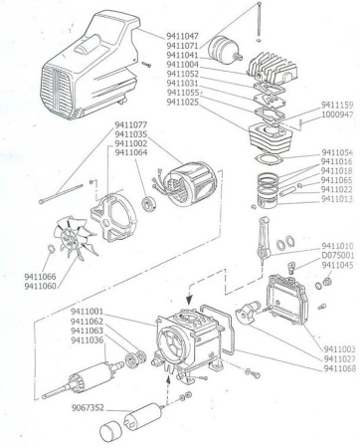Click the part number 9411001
pyautogui.click(x=90, y=312)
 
